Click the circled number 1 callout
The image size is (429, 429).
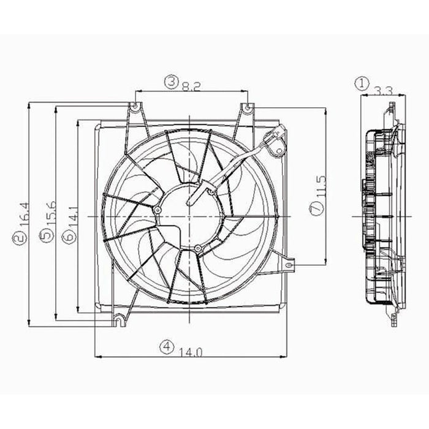[363, 82]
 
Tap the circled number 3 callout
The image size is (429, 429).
[171, 81]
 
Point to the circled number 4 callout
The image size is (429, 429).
[166, 346]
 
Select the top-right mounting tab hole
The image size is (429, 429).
[246, 108]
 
